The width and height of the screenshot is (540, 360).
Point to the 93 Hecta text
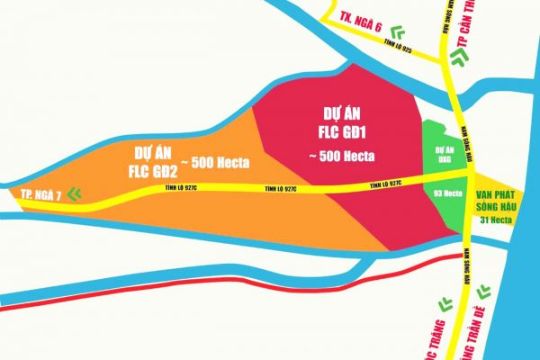(447, 193)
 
